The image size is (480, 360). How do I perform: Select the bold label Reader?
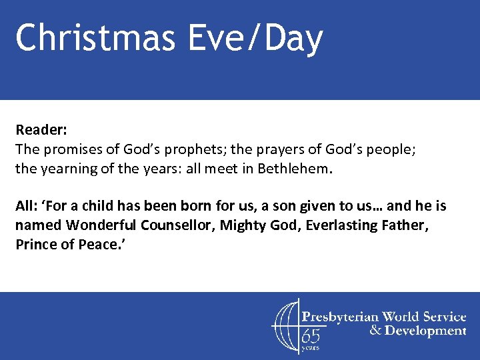coord(39,129)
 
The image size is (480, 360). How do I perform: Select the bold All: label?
coord(26,206)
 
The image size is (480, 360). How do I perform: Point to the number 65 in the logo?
coord(311,335)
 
